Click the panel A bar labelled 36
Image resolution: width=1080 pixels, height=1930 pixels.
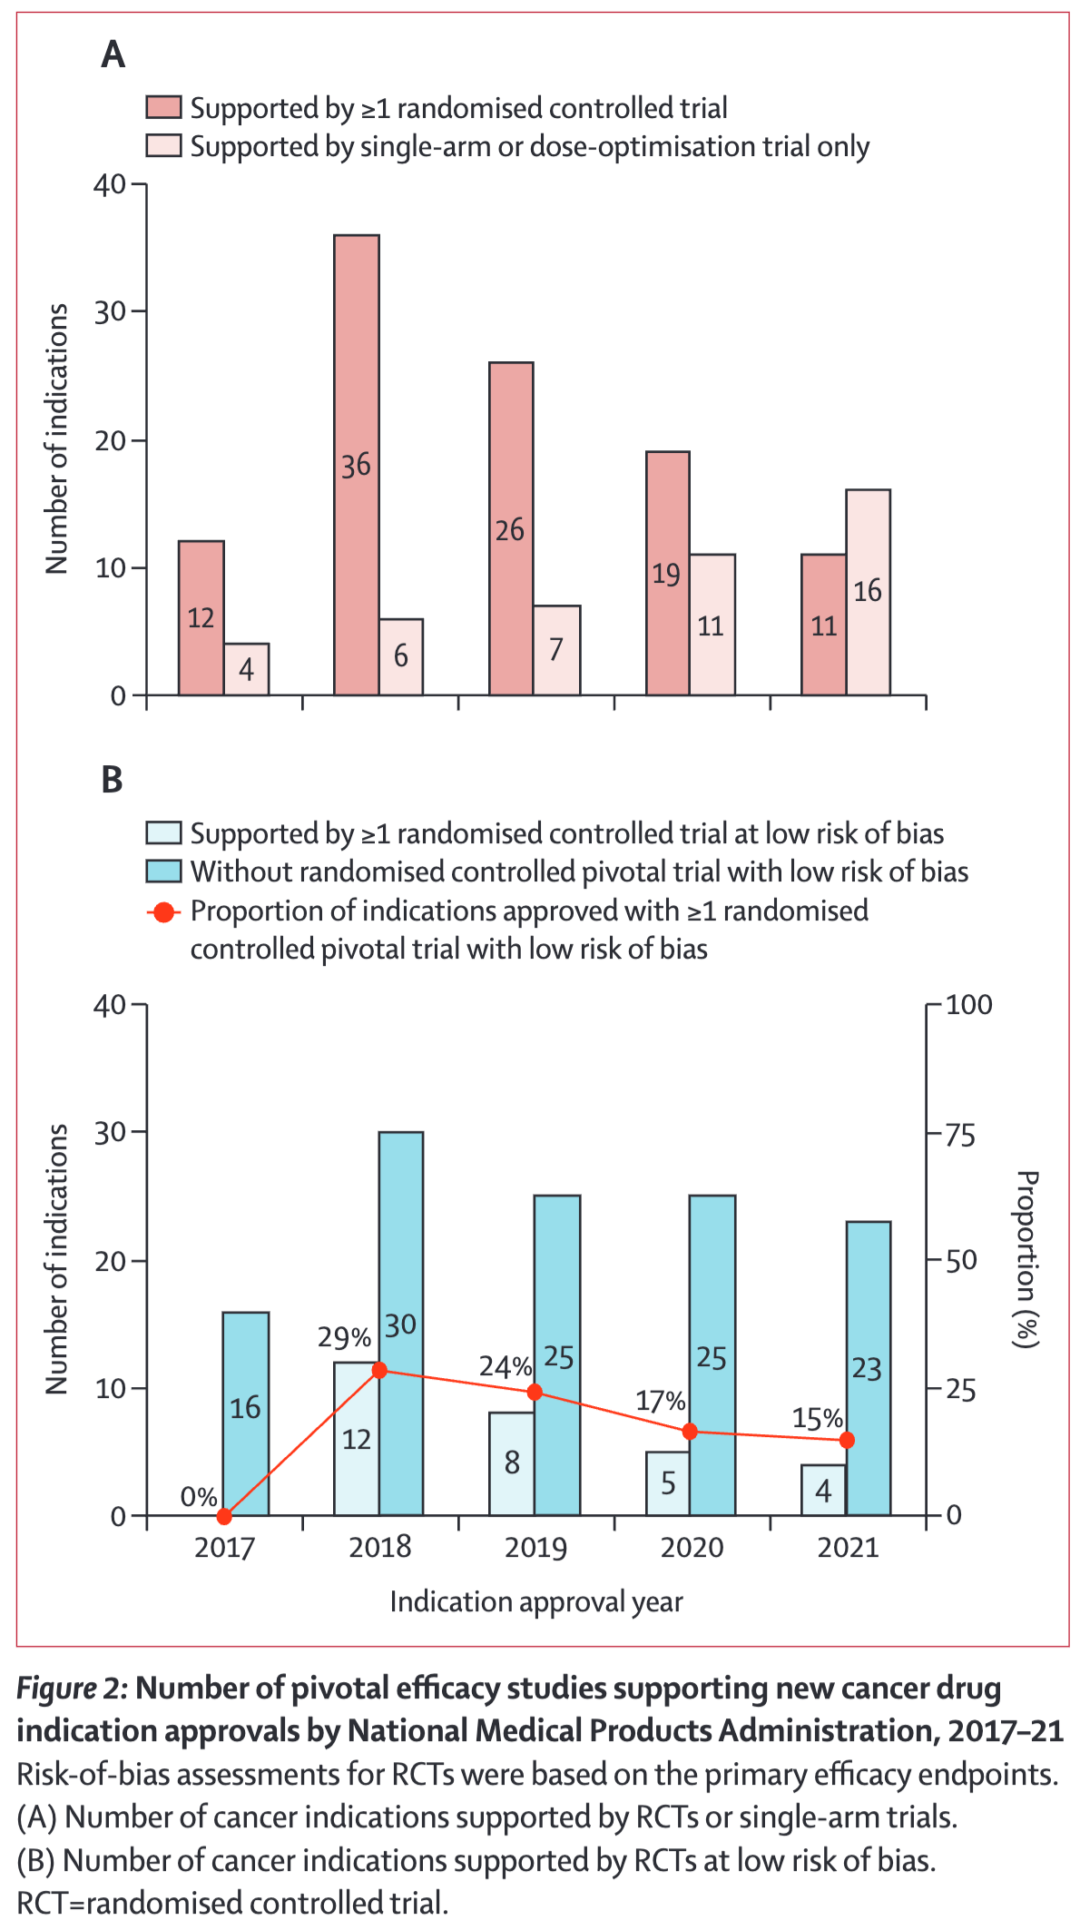pyautogui.click(x=357, y=465)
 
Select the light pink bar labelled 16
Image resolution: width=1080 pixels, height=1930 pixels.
pyautogui.click(x=868, y=592)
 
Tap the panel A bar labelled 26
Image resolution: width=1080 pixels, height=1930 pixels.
pyautogui.click(x=511, y=528)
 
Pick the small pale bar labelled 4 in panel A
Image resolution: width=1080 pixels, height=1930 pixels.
pyautogui.click(x=246, y=669)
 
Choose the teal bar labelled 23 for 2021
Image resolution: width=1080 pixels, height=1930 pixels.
pyautogui.click(x=868, y=1367)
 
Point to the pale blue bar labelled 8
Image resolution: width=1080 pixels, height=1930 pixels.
pyautogui.click(x=512, y=1462)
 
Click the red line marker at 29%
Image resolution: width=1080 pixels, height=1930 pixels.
pyautogui.click(x=379, y=1370)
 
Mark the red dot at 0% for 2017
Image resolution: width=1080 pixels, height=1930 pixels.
pyautogui.click(x=225, y=1516)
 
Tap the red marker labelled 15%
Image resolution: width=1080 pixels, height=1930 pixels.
pyautogui.click(x=847, y=1440)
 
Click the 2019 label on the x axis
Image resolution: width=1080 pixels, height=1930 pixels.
pyautogui.click(x=535, y=1547)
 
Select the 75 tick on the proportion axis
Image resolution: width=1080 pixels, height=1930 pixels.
pyautogui.click(x=960, y=1136)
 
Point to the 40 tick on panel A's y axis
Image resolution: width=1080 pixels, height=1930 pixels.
pyautogui.click(x=110, y=184)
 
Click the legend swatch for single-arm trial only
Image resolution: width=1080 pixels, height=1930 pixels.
pyautogui.click(x=164, y=146)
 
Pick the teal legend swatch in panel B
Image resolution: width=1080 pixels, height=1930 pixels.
pyautogui.click(x=164, y=871)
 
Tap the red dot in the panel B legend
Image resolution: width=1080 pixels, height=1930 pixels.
pyautogui.click(x=164, y=911)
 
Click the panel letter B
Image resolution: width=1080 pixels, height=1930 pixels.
pyautogui.click(x=112, y=780)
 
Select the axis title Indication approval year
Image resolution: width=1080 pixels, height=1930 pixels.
pyautogui.click(x=535, y=1601)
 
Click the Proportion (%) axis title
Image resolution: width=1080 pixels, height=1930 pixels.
pyautogui.click(x=1026, y=1258)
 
